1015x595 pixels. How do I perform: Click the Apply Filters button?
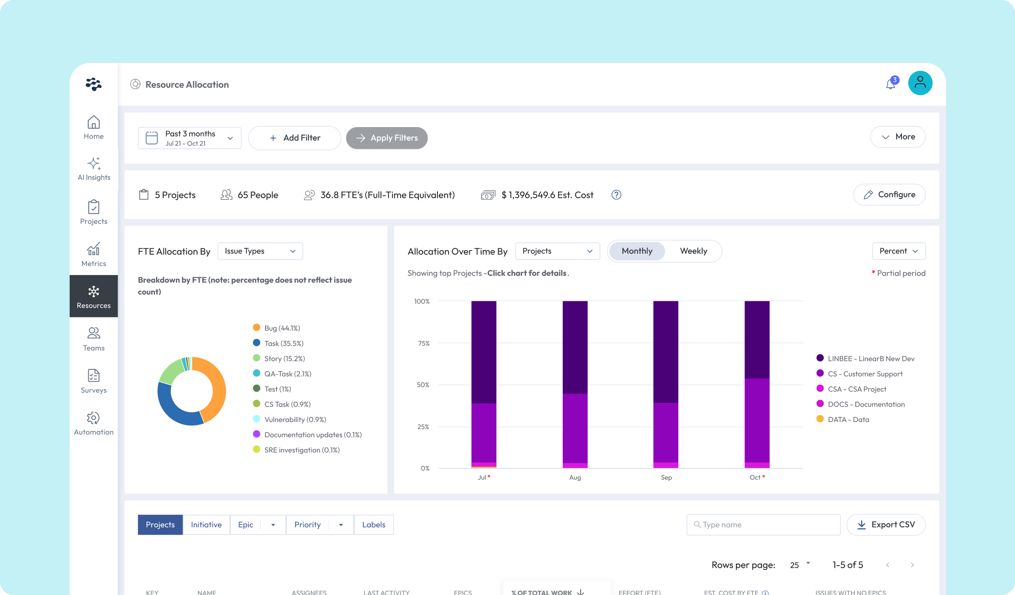(x=386, y=138)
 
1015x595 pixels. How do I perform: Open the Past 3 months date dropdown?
(x=189, y=138)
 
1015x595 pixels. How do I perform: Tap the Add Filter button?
(x=294, y=138)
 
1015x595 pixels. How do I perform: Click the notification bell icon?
(x=891, y=84)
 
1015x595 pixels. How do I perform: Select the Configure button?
(x=889, y=195)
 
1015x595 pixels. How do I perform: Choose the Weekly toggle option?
(x=693, y=251)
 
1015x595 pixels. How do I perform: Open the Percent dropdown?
(x=898, y=251)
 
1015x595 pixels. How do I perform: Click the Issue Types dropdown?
(x=260, y=251)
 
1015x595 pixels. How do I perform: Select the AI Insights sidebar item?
(x=94, y=169)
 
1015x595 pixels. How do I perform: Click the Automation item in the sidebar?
(x=94, y=423)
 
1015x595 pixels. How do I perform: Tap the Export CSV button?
(x=886, y=525)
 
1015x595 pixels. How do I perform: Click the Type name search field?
(x=763, y=525)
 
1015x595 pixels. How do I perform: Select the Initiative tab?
(x=206, y=525)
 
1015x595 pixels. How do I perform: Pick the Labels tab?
(x=373, y=525)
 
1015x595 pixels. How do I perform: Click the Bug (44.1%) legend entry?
(x=282, y=328)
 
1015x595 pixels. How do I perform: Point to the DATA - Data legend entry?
(x=848, y=419)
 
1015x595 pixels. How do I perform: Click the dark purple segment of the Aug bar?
(x=575, y=346)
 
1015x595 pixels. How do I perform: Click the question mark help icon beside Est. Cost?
(x=616, y=195)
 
